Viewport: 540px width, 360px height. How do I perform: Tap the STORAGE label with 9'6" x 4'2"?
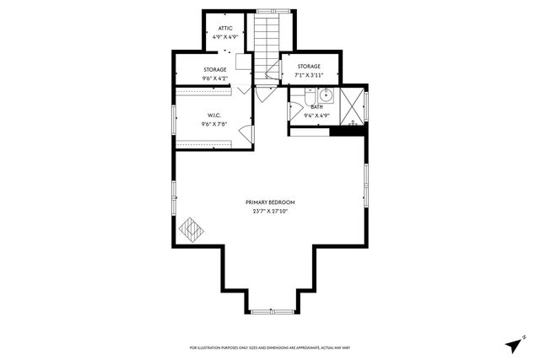point(214,69)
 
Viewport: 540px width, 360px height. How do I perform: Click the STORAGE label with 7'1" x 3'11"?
point(308,66)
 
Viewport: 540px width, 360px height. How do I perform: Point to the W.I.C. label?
point(214,115)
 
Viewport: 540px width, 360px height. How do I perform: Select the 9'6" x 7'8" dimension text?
point(214,124)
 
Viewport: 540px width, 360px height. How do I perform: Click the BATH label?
point(316,107)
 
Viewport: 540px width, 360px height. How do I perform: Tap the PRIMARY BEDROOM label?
point(270,202)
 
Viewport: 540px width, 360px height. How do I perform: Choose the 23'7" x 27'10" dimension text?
point(270,212)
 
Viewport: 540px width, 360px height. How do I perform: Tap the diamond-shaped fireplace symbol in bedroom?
point(192,230)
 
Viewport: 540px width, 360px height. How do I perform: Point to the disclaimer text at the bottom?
point(270,347)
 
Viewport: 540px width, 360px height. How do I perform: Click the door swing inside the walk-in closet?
point(246,133)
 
